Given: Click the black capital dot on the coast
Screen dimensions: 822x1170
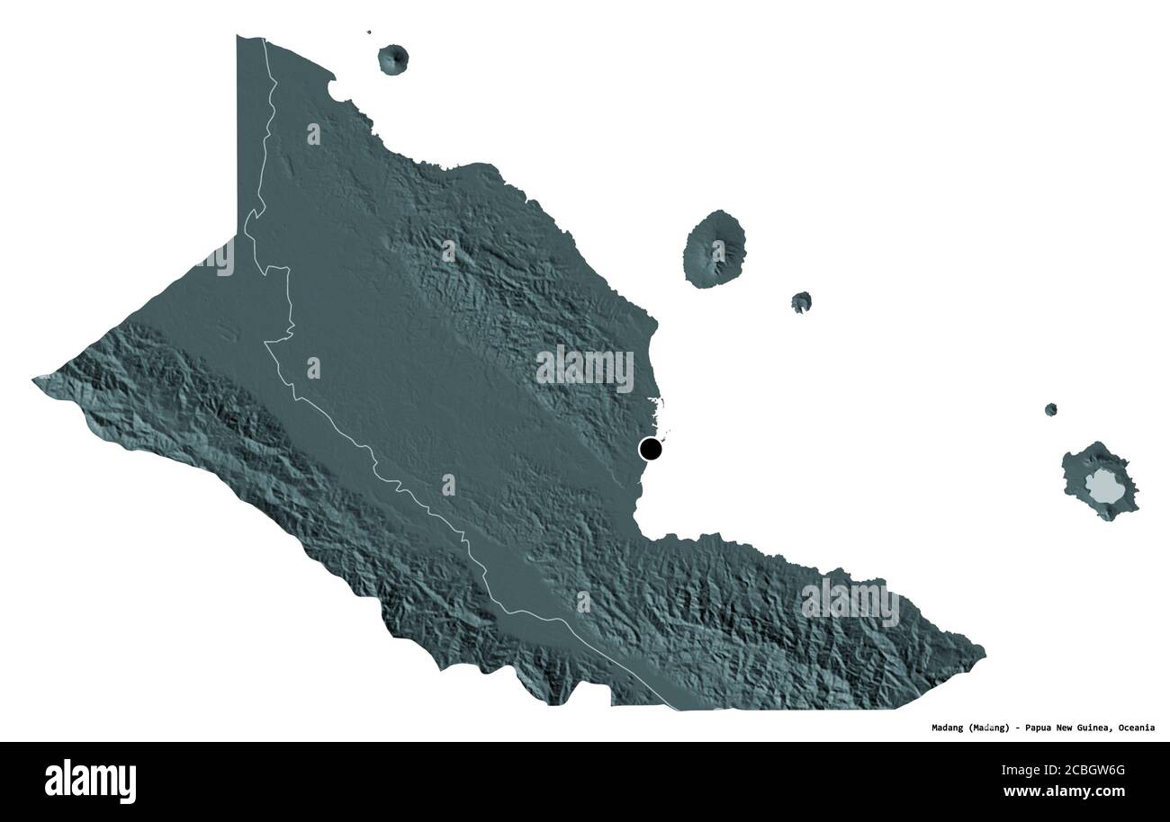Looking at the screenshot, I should coord(650,448).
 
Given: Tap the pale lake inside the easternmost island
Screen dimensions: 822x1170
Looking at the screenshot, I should coord(1101,487).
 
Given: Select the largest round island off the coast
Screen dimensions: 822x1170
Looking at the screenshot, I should coord(714,249).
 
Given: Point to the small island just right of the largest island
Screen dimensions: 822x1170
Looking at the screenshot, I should coord(801,302).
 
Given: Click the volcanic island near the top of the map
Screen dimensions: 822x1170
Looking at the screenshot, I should coord(393,59).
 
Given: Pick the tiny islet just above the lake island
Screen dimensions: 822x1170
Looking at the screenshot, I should coord(1050,409).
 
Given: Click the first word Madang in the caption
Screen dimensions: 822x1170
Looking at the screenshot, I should coord(949,728).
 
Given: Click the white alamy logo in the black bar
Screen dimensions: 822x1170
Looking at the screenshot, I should coord(90,781).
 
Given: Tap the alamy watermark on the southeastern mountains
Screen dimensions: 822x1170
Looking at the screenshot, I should coord(850,602).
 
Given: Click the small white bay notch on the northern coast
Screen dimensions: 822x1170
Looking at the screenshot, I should coord(335,89).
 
